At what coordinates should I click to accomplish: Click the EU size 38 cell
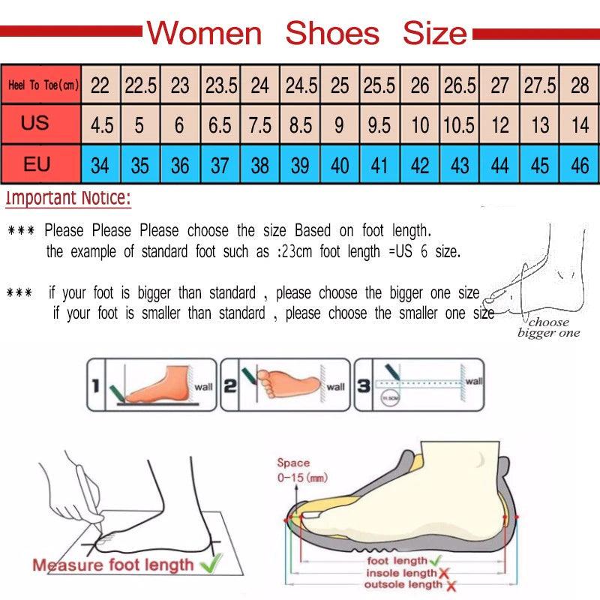pyautogui.click(x=260, y=165)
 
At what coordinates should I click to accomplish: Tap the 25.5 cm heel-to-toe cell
pyautogui.click(x=379, y=85)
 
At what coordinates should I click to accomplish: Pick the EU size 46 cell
pyautogui.click(x=580, y=165)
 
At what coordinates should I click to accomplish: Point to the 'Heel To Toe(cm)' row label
pyautogui.click(x=43, y=85)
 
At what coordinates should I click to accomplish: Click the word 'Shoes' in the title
pyautogui.click(x=332, y=33)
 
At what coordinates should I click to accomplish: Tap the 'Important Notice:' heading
pyautogui.click(x=68, y=199)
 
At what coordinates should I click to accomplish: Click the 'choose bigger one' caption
pyautogui.click(x=549, y=327)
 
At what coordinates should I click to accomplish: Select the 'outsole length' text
pyautogui.click(x=404, y=584)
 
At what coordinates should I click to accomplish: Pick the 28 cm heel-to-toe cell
pyautogui.click(x=580, y=85)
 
